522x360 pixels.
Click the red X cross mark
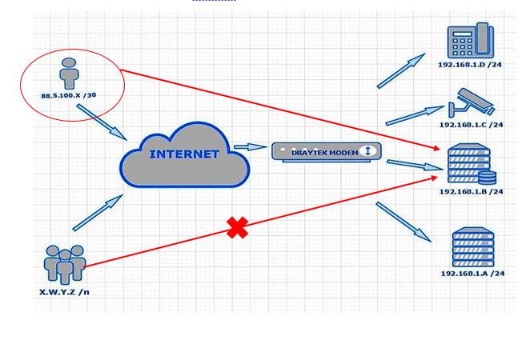(237, 228)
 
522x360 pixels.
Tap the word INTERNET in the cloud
(184, 154)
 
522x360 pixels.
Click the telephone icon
(471, 42)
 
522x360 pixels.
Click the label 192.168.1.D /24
(471, 64)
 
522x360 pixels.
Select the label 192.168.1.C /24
(471, 125)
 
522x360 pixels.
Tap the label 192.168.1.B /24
(471, 192)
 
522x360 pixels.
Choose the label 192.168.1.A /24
(472, 274)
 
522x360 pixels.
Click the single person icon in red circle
(70, 73)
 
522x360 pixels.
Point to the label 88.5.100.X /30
(69, 95)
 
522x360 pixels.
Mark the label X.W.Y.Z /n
(64, 292)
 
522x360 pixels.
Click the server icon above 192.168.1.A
(473, 247)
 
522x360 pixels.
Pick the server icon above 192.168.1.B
(471, 165)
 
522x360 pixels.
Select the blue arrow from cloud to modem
(251, 147)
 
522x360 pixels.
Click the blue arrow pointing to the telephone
(401, 71)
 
